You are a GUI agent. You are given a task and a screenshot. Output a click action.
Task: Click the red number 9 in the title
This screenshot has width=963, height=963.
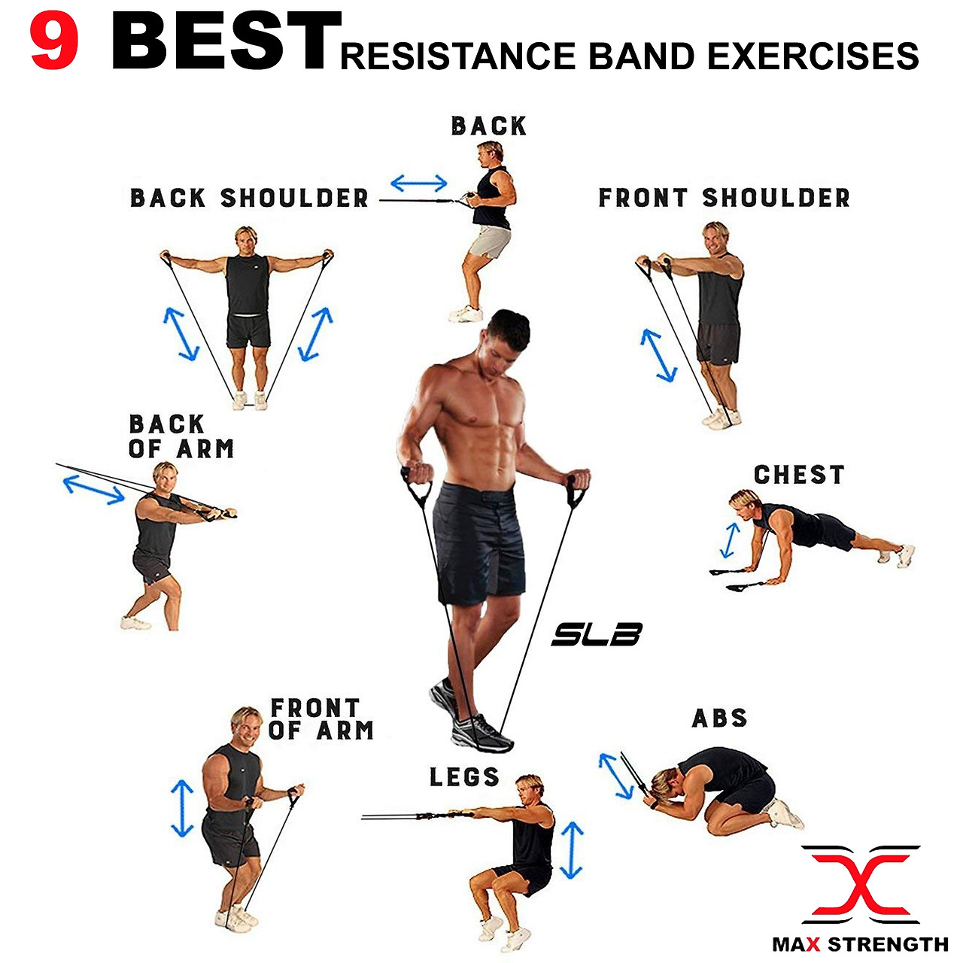point(54,44)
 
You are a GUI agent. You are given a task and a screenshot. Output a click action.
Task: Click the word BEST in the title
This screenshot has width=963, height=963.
point(224,43)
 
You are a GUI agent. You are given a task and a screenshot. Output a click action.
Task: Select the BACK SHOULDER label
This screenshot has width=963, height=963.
point(250,199)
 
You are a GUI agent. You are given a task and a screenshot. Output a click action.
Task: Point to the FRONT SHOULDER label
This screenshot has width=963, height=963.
point(725,198)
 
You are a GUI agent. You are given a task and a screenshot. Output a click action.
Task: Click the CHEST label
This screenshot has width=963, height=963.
point(799,475)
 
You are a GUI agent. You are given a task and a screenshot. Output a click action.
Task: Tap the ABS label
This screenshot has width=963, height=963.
point(720,718)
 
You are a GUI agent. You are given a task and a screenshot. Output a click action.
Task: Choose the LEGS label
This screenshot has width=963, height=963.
point(464,777)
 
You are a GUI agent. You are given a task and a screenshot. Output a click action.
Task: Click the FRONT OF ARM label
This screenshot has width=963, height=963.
point(321,719)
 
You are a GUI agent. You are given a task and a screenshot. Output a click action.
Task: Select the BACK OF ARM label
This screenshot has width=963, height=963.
point(181,436)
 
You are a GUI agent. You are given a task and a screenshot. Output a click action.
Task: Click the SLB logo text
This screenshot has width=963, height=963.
point(597,634)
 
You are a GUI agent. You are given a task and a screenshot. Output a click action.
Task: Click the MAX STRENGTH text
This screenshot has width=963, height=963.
point(861,944)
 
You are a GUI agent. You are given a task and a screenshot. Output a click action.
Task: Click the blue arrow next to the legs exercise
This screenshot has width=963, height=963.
point(572,850)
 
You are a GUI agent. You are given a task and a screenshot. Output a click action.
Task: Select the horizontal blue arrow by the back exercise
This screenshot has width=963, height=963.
point(419,183)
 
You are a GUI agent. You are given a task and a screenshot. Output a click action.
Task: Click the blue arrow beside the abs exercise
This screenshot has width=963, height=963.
point(615,775)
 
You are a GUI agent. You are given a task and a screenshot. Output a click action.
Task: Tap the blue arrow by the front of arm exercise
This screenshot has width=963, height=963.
point(182,809)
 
